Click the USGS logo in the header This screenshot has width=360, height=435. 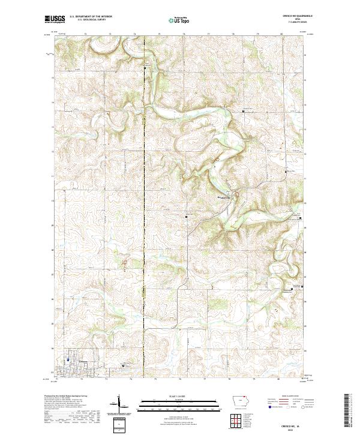pos(52,19)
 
